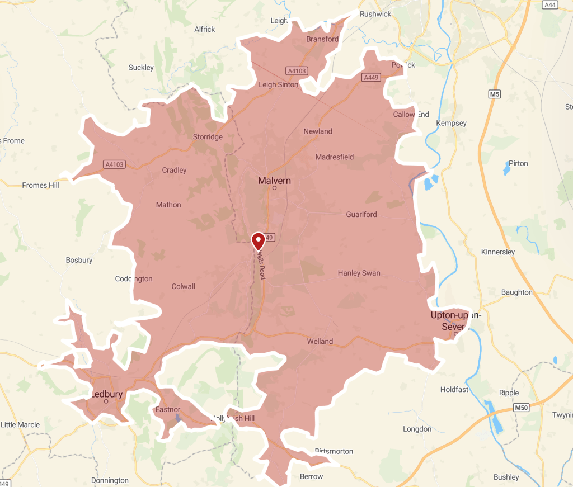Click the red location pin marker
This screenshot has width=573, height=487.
click(258, 241)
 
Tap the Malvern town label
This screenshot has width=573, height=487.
click(274, 181)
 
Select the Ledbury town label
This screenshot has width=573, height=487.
click(106, 394)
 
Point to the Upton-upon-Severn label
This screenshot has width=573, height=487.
click(455, 320)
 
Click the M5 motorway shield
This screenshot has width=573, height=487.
click(494, 94)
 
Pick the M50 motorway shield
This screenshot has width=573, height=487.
click(521, 408)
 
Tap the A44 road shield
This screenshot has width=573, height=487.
click(551, 5)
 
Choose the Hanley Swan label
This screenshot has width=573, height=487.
click(359, 273)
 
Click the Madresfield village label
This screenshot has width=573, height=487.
click(335, 157)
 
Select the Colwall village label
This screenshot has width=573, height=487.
click(183, 286)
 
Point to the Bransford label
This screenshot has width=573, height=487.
click(322, 39)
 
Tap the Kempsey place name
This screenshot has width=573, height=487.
click(451, 123)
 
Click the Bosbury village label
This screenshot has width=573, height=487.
click(79, 260)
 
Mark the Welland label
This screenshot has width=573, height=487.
click(320, 341)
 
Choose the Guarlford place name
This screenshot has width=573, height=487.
click(361, 214)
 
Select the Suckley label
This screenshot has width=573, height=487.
click(141, 67)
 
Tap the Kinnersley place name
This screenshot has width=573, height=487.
click(498, 252)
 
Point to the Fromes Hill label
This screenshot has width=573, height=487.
click(40, 185)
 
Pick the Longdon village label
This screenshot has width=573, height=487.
click(417, 429)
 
